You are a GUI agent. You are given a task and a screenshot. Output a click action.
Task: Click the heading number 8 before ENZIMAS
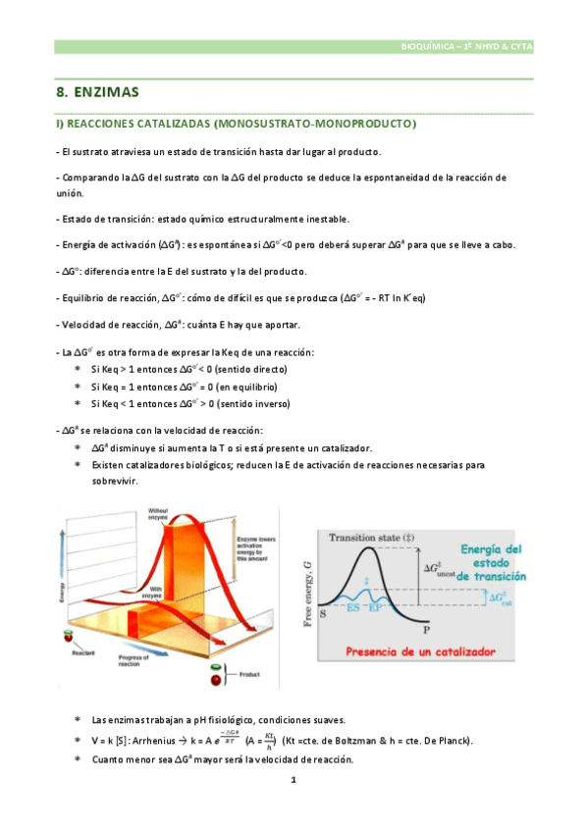point(61,93)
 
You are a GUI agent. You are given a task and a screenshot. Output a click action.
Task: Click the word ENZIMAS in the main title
point(107,93)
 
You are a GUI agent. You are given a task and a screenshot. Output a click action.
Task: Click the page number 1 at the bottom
point(293,780)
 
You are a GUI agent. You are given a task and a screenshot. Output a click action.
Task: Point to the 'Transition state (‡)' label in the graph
point(372,538)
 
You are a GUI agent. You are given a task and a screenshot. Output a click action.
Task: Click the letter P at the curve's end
point(427,631)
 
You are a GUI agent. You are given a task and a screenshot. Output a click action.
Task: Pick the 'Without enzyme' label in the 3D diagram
point(160,514)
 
